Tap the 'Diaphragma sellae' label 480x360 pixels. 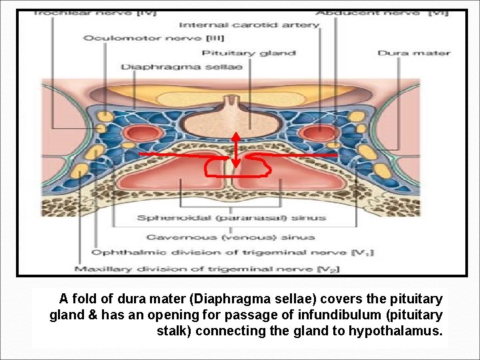coord(181,67)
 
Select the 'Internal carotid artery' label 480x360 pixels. coord(249,25)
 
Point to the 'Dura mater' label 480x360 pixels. coord(414,53)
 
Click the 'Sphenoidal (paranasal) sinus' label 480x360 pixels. coord(231,217)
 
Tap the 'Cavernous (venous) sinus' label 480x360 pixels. coord(231,237)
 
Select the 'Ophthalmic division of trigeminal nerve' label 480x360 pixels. coord(232,253)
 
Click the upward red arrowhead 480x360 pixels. coord(235,136)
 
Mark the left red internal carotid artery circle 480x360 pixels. coord(142,133)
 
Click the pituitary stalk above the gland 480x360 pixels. coord(232,103)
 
